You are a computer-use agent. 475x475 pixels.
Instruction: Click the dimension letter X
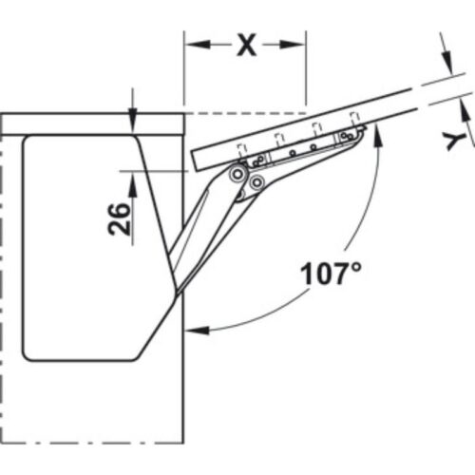click(246, 45)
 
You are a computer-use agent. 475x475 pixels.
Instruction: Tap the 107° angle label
click(331, 275)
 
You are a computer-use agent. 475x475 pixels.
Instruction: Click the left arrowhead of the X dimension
click(192, 44)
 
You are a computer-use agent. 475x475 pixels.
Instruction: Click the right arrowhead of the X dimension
click(297, 44)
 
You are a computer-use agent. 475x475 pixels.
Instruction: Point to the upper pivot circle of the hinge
click(236, 174)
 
